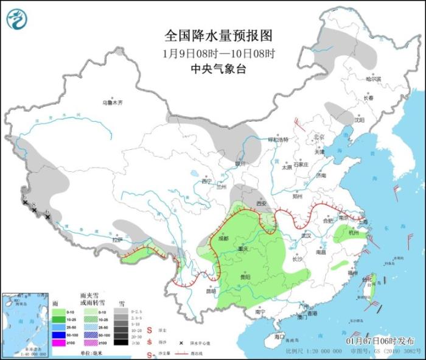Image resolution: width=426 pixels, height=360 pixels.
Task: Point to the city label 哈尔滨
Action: (372, 79)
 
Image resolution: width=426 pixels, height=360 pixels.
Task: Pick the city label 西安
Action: (261, 204)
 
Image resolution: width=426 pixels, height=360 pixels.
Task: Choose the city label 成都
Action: (222, 238)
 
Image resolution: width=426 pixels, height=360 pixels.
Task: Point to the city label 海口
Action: (279, 336)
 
